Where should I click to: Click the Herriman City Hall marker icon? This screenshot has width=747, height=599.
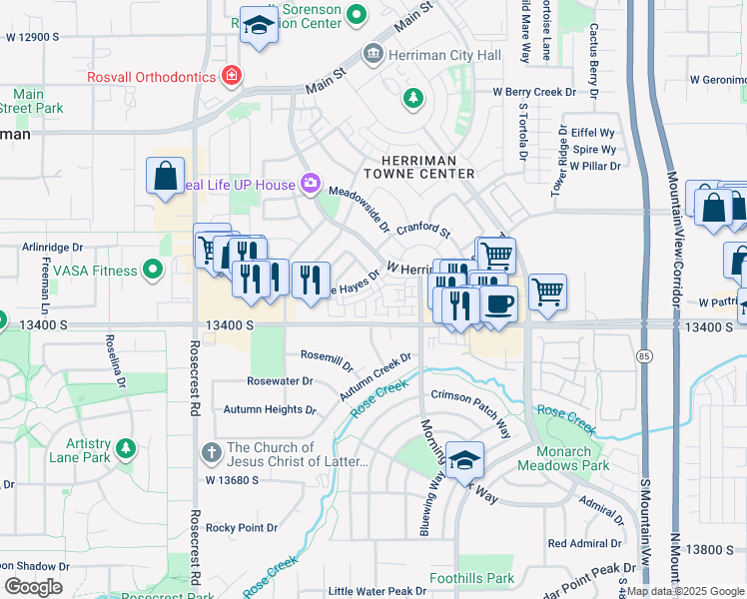pyautogui.click(x=373, y=52)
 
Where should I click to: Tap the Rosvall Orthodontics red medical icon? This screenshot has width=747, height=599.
pyautogui.click(x=232, y=76)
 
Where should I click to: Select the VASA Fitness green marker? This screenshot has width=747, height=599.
pyautogui.click(x=153, y=269)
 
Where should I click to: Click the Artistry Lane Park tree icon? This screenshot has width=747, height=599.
pyautogui.click(x=125, y=448)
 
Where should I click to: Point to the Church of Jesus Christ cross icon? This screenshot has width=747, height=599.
pyautogui.click(x=211, y=452)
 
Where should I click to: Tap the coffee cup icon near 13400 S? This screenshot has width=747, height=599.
pyautogui.click(x=498, y=303)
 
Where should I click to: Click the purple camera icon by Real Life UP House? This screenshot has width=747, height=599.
pyautogui.click(x=311, y=183)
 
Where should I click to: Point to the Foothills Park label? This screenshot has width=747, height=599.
pyautogui.click(x=471, y=578)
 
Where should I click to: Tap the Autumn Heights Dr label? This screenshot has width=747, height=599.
pyautogui.click(x=269, y=409)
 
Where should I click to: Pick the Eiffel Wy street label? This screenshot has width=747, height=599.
pyautogui.click(x=593, y=132)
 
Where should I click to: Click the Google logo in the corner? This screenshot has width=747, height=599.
pyautogui.click(x=33, y=586)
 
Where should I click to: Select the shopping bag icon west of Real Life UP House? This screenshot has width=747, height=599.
pyautogui.click(x=165, y=176)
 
